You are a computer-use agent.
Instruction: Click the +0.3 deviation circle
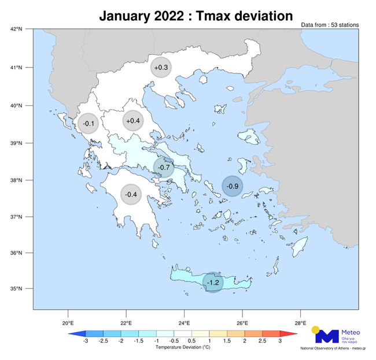pos(161,68)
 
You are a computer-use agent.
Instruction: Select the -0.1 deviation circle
pos(89,123)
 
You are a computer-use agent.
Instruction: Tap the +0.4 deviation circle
pos(132,121)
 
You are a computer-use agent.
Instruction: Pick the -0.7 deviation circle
pos(164,168)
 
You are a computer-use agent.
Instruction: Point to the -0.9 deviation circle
pos(233,185)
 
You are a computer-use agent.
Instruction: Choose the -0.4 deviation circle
pos(131,194)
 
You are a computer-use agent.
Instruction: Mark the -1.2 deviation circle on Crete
pos(213,282)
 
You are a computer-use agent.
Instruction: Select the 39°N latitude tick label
pos(16,143)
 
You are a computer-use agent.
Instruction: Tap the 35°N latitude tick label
pos(16,289)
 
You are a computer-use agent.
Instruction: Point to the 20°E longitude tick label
pos(68,322)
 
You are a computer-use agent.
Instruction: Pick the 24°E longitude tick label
pos(184,322)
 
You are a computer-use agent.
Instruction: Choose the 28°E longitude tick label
pos(300,322)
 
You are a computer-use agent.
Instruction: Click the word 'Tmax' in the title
pos(213,16)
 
